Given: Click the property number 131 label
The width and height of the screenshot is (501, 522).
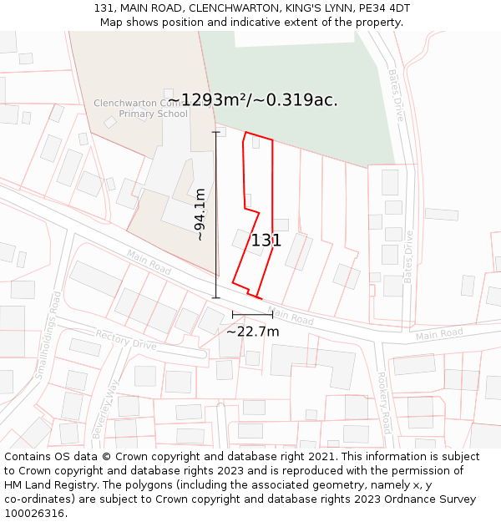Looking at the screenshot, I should point(266,241).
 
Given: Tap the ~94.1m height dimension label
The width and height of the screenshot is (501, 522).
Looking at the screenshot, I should point(200,215).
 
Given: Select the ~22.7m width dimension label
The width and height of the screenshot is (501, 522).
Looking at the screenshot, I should point(252,332).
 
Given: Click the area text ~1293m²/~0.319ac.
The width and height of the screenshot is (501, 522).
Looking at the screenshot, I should point(252,100).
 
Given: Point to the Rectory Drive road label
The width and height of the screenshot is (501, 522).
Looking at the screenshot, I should point(126,339).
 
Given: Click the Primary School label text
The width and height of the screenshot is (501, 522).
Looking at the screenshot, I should point(154,114).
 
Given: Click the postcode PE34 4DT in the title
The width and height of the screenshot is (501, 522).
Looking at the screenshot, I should point(383,8).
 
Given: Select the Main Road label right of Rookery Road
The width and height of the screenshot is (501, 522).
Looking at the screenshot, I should point(438,334).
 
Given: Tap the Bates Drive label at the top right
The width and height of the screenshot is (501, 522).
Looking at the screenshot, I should point(395,95).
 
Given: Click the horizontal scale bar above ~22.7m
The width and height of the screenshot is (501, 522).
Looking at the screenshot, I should point(252,315).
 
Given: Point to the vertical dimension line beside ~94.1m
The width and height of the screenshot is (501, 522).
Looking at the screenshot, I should point(216,215).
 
